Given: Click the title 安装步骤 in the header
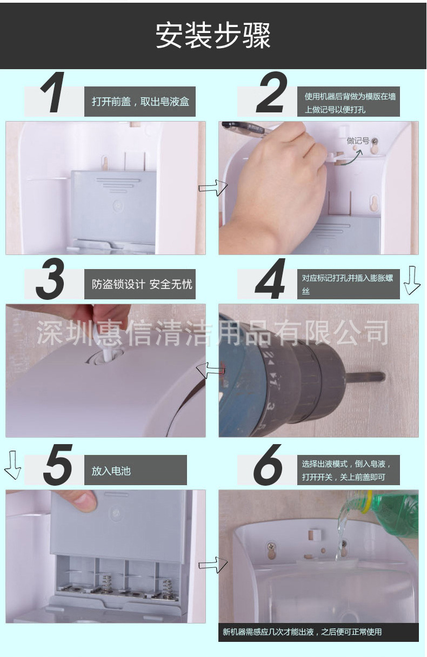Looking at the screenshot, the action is tap(213, 36).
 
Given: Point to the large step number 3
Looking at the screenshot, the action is tap(50, 279).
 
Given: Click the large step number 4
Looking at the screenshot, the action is tap(270, 279).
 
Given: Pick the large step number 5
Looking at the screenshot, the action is tap(57, 465).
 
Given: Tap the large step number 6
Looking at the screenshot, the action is tap(268, 465).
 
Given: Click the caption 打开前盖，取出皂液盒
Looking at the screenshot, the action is tap(141, 102).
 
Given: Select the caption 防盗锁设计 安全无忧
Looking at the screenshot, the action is tap(142, 284).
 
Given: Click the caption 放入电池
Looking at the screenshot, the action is tap(111, 471).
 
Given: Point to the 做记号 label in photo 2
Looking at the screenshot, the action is tap(358, 141).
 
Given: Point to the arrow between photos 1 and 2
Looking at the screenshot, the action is tap(213, 187).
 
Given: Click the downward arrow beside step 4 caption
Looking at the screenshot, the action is tap(412, 280).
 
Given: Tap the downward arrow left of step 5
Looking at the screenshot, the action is tap(12, 465).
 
